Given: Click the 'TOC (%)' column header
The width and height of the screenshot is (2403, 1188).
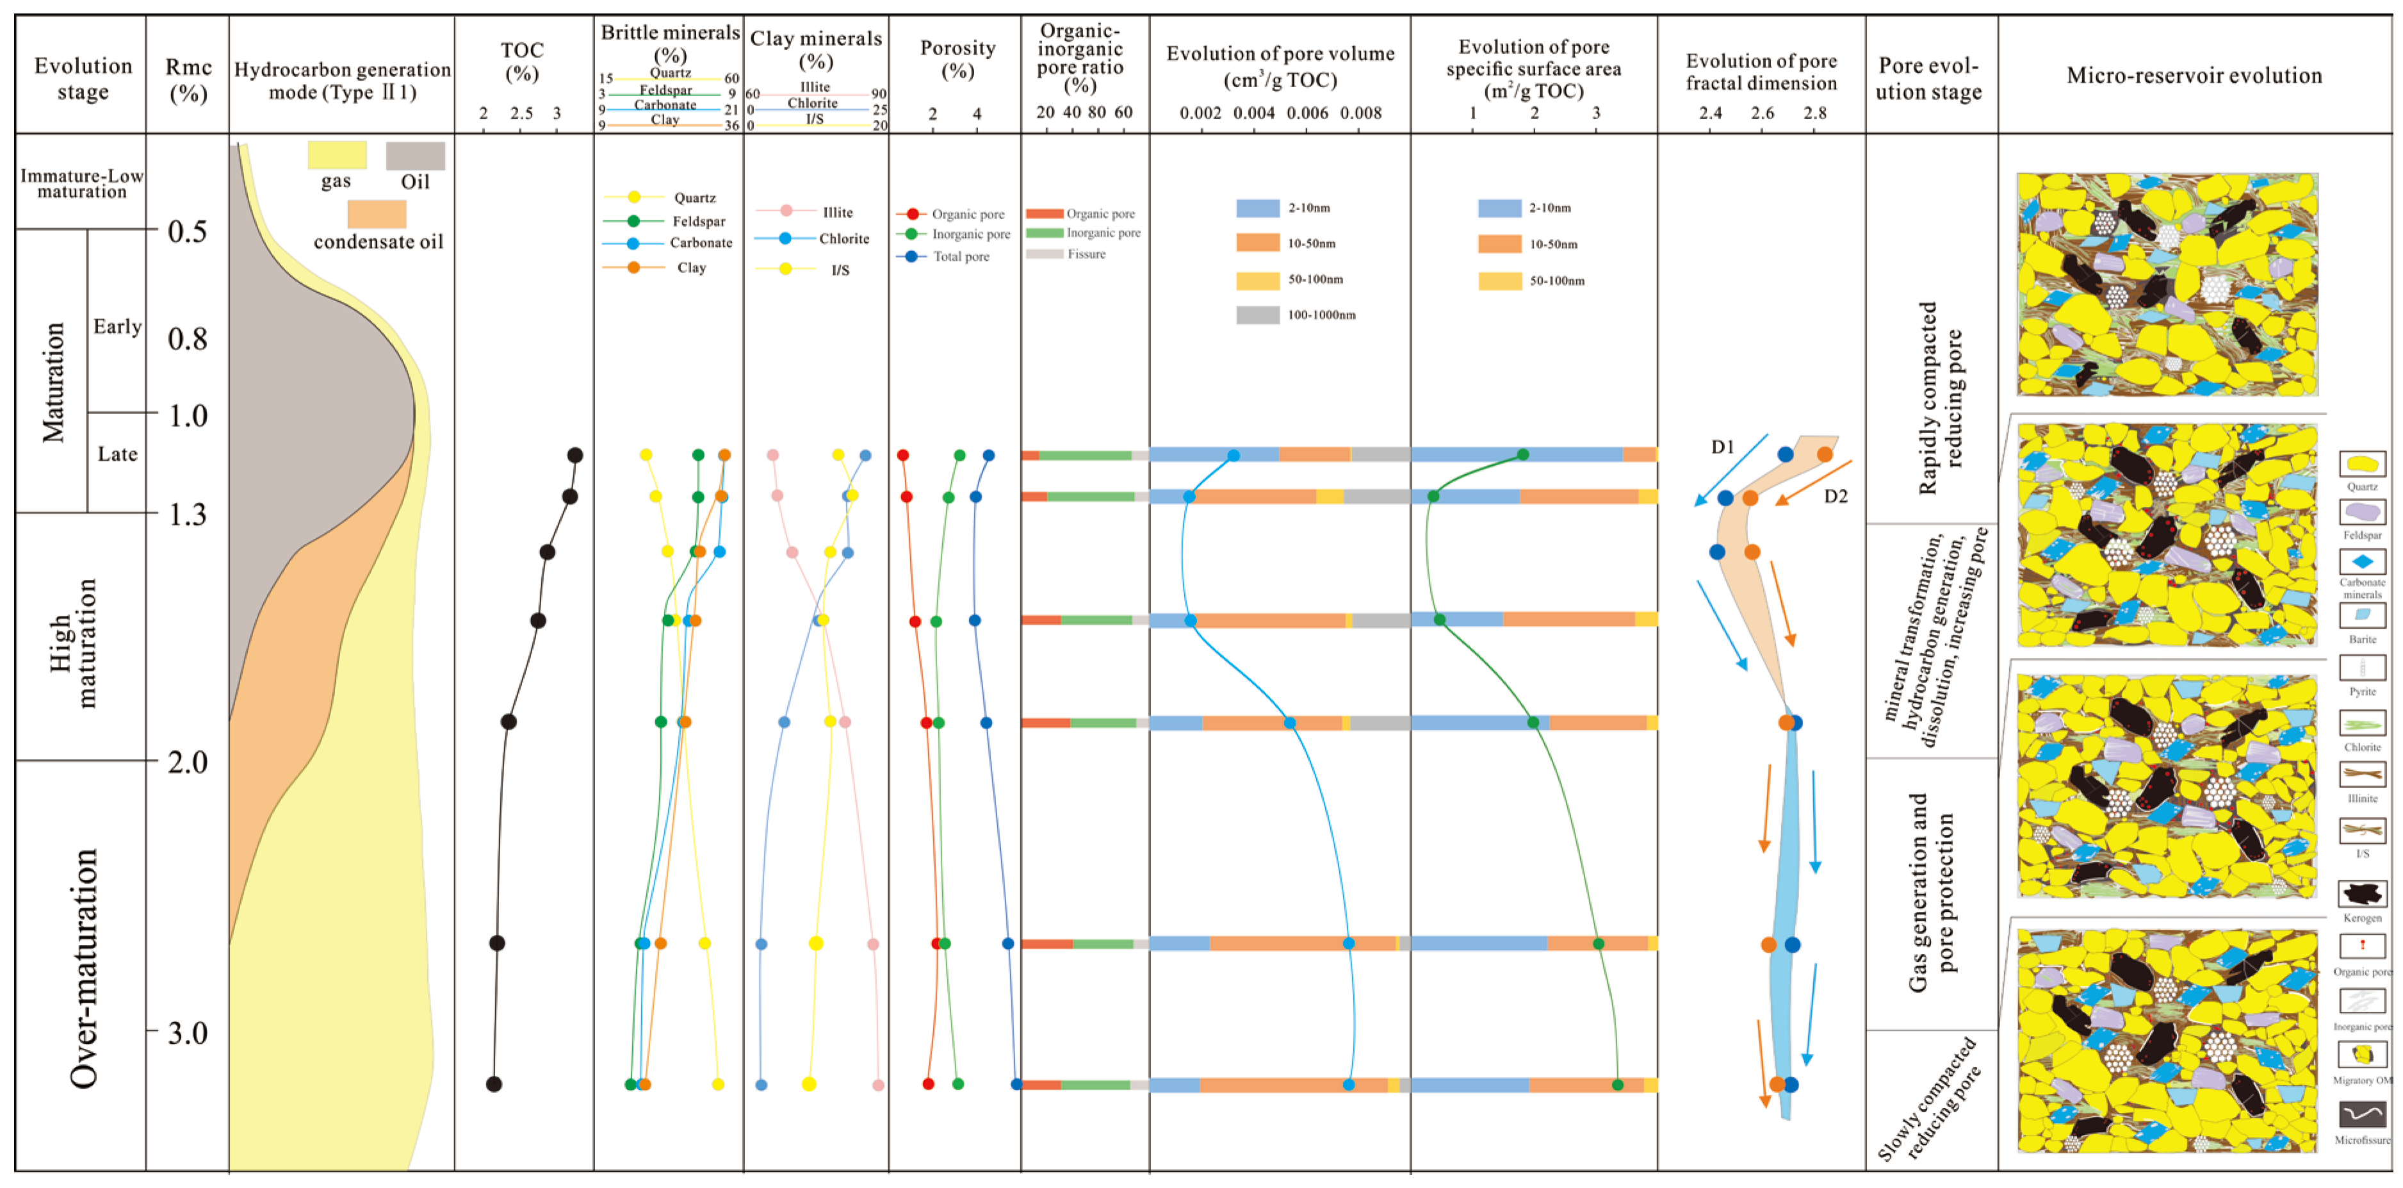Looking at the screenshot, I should coord(521,62).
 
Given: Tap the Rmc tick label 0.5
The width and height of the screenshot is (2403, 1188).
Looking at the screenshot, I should coord(188,231).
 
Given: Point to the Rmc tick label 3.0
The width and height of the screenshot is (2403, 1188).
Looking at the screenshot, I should coord(188,1032).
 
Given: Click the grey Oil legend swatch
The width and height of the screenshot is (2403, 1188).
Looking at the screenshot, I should coord(415,156).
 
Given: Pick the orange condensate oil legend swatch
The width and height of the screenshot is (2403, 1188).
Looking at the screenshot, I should coord(376,214).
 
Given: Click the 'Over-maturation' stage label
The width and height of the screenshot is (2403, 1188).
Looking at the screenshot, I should coord(84,968).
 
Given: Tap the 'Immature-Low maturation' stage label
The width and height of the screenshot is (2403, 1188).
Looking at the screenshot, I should coord(81,183).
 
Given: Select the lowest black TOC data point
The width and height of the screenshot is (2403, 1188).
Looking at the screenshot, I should coord(494,1084).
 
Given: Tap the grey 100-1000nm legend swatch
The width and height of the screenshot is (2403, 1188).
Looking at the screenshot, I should coord(1257,315).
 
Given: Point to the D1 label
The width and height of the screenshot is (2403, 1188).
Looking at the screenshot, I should coord(1722,447).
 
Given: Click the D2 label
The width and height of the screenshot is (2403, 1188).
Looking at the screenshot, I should coord(1835,497).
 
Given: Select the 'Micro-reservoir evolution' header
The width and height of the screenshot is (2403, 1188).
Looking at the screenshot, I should coord(2194,76).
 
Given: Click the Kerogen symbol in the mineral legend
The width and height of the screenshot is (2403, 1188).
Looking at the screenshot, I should coord(2362,893).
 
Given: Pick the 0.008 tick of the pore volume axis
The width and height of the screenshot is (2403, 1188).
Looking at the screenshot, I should coord(1360,113).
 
